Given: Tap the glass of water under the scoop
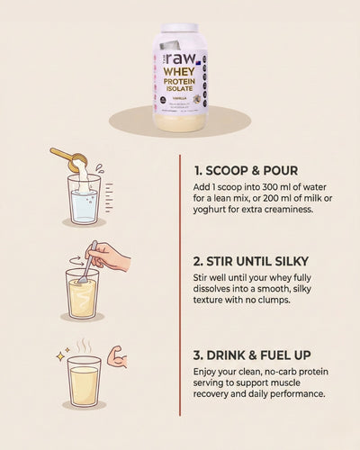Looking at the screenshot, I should pos(84,200).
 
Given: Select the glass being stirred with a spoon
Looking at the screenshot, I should pos(83,292).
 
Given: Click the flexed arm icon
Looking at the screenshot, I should pos(117,357).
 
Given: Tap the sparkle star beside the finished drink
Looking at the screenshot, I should pos(60,356).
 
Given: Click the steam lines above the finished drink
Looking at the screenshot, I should pos(84,346).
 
